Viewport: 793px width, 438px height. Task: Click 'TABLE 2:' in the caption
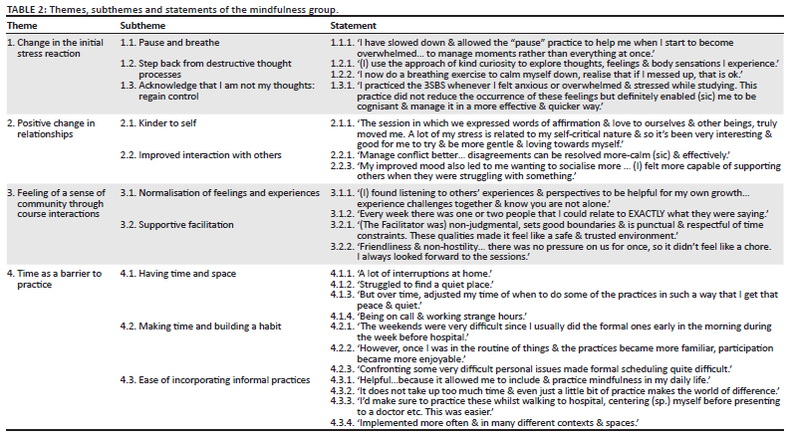click(25, 8)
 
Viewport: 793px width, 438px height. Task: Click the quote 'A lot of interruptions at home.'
click(409, 274)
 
